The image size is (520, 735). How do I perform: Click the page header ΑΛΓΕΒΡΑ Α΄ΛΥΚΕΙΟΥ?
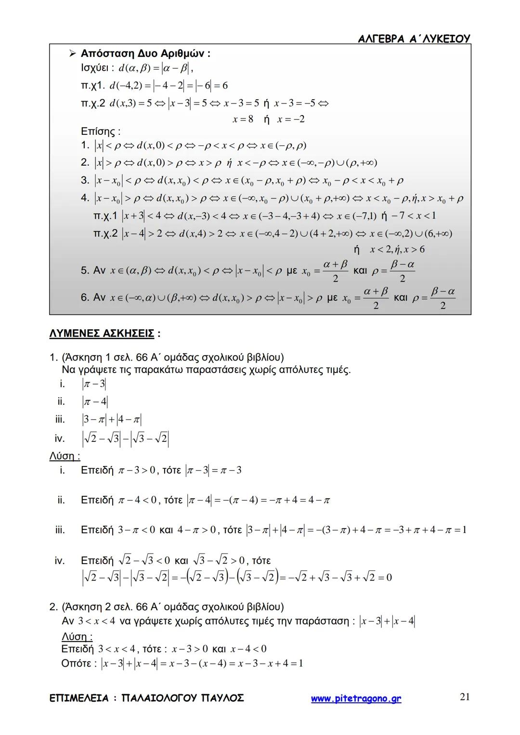(414, 39)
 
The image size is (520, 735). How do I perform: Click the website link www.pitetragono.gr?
(356, 698)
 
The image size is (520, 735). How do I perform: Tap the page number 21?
(465, 697)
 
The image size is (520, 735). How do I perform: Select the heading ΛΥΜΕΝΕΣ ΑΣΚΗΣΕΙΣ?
(102, 333)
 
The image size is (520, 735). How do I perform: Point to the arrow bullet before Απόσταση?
(74, 53)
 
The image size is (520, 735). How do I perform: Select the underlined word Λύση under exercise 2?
(76, 636)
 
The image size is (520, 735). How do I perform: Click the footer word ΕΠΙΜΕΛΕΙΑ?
(79, 698)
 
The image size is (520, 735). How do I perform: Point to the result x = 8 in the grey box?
(243, 119)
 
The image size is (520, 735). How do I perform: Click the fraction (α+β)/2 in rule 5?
(336, 271)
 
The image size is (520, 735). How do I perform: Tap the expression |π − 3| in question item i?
(94, 384)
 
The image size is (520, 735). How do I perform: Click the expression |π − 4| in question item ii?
(95, 401)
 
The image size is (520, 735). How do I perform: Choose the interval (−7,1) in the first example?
(363, 216)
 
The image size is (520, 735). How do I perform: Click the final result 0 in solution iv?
(389, 577)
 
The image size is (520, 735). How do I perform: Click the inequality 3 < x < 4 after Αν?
(96, 621)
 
